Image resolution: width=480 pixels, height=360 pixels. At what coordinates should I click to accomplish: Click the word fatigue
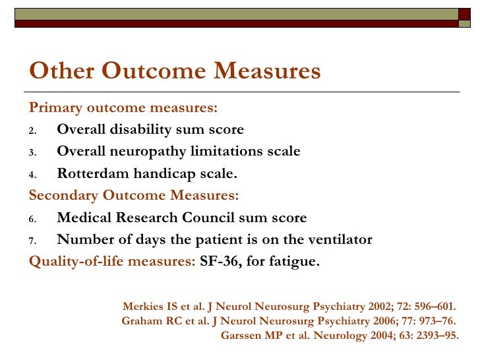[x=295, y=262]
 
